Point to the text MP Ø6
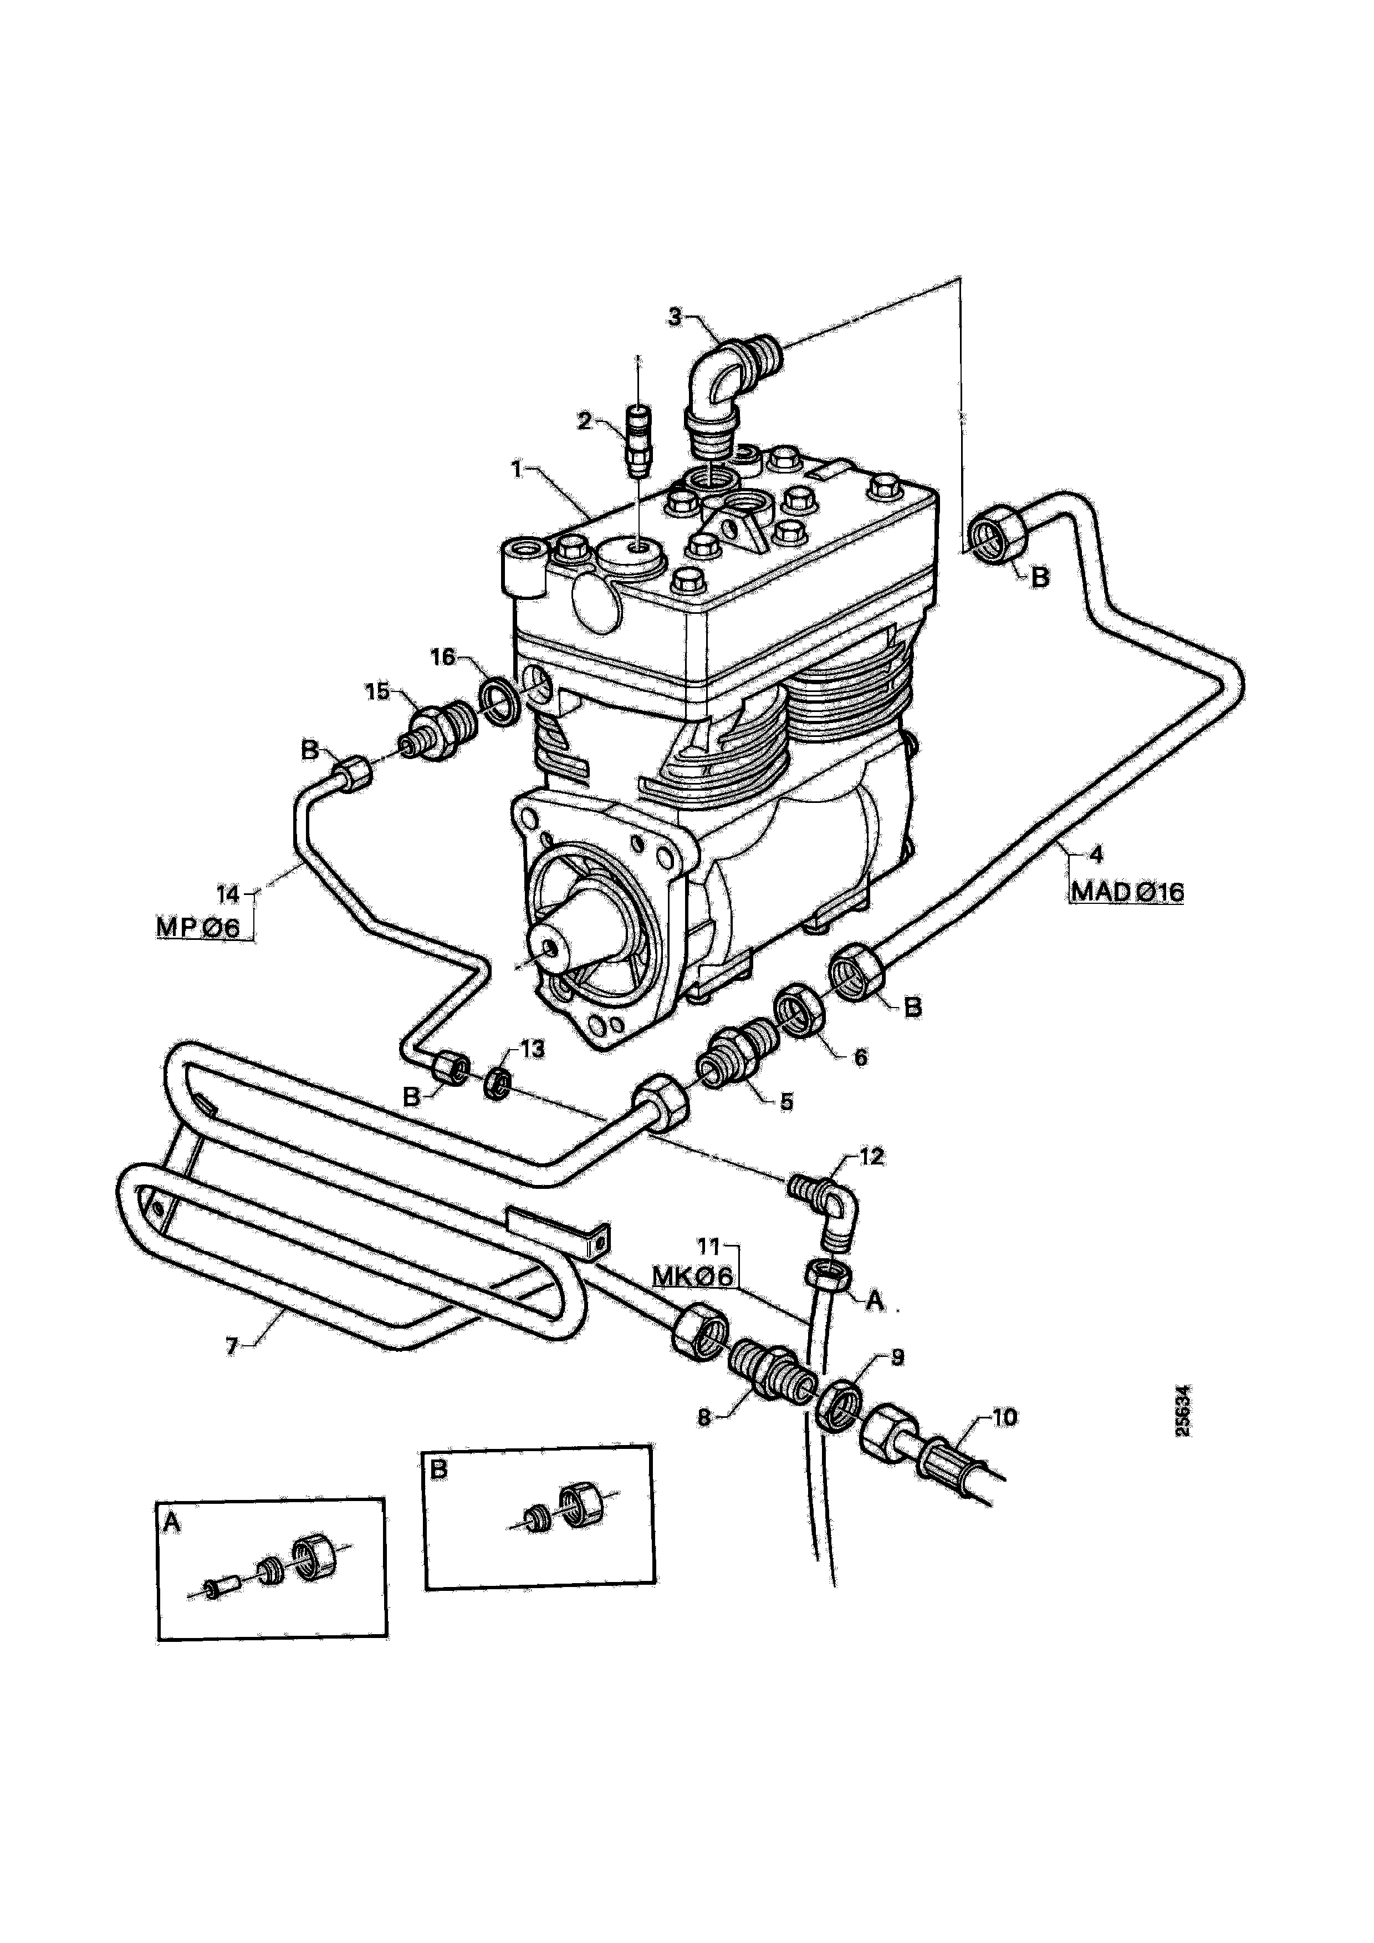pyautogui.click(x=199, y=928)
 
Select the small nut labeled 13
pyautogui.click(x=499, y=1085)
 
